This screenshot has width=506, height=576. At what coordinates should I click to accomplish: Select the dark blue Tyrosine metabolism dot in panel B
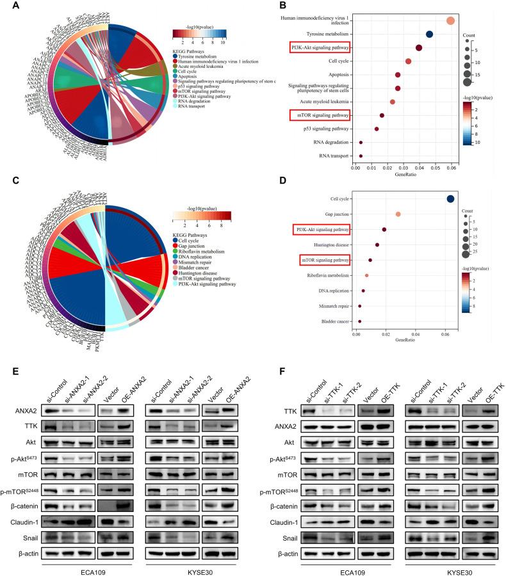coord(429,35)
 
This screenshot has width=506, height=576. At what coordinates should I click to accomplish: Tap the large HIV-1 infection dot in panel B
coord(450,21)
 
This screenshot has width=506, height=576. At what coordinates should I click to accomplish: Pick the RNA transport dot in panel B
coord(361,156)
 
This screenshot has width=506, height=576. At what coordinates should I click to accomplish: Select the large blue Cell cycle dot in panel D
coord(450,199)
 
